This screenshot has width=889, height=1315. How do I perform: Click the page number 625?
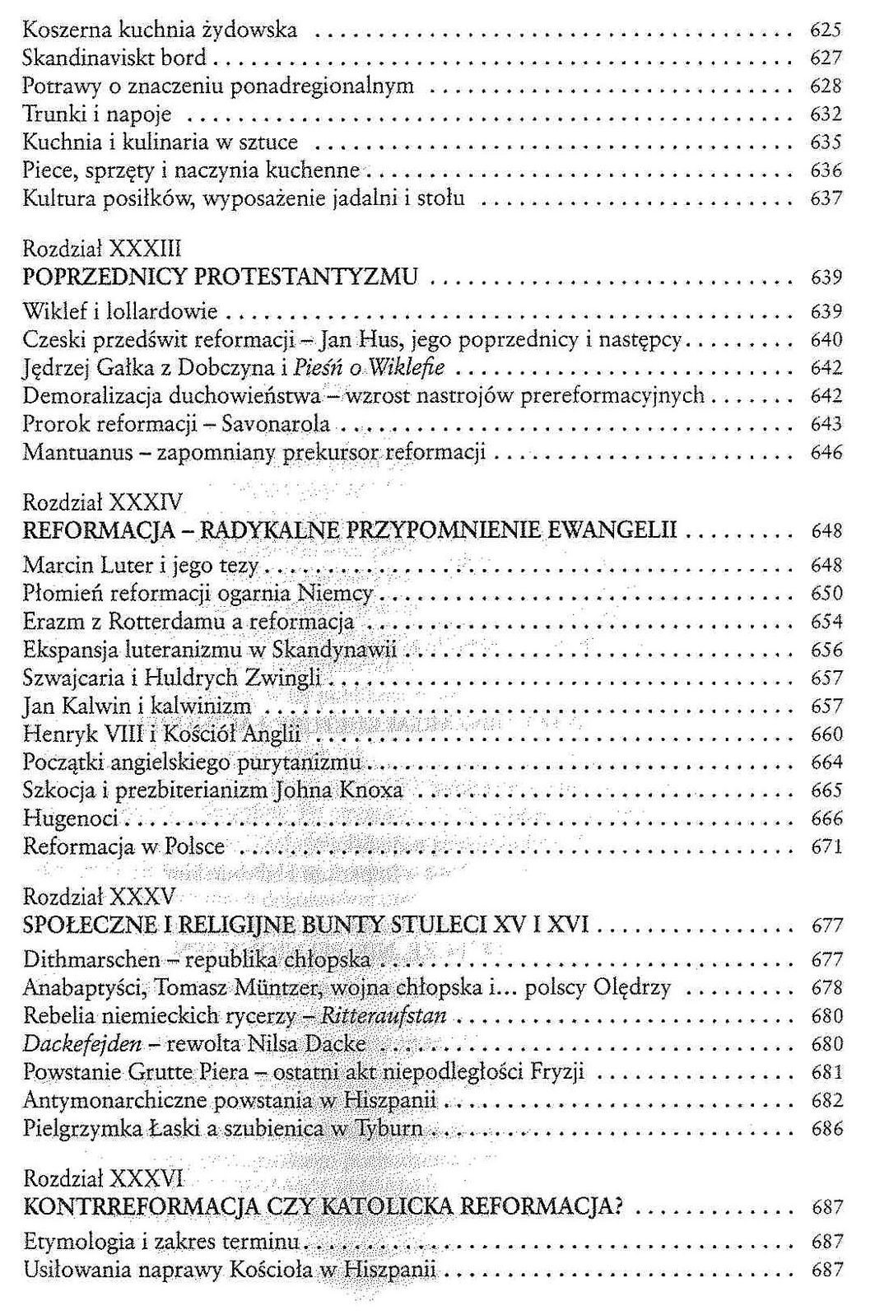tap(826, 30)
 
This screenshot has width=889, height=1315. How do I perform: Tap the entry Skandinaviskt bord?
tap(114, 58)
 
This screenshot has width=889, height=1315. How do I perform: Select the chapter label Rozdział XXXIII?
tap(102, 249)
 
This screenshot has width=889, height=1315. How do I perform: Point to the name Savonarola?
tap(276, 424)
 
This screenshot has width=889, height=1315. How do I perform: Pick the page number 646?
tap(826, 452)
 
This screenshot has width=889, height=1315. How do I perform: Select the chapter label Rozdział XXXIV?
tap(103, 502)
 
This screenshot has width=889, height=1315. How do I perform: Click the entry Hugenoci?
tap(71, 818)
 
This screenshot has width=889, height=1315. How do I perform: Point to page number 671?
tap(826, 846)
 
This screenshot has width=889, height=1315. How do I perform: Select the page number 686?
tap(826, 1129)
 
